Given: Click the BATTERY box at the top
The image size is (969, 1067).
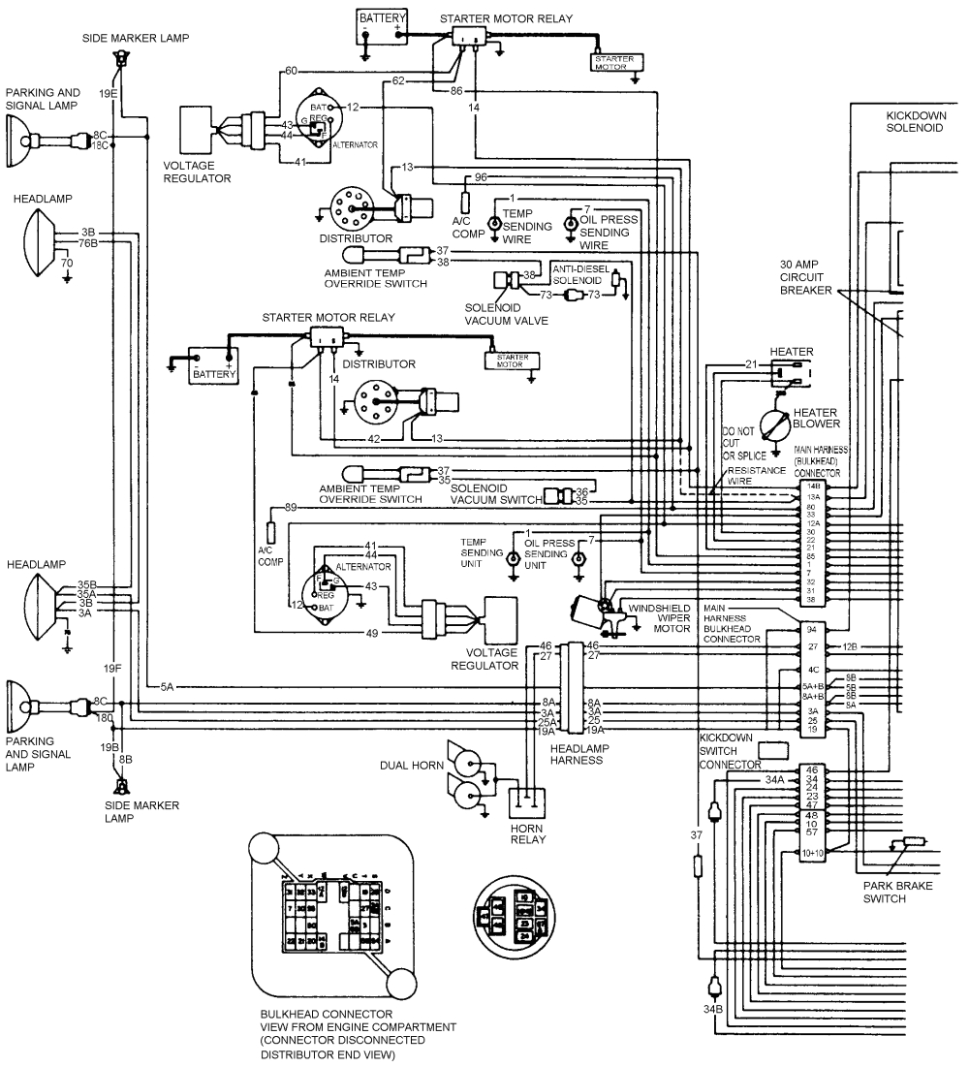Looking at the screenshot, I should point(382,25).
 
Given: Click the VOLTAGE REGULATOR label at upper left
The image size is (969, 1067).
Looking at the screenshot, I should point(197,173).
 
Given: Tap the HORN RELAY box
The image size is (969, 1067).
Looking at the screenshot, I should point(526,803).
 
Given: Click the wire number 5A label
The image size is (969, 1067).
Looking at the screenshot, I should point(167,687).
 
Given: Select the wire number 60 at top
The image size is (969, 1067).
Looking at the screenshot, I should point(290,72).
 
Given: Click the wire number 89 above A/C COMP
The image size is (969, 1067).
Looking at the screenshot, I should point(290,507).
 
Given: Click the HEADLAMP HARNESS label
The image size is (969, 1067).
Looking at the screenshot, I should point(576,754).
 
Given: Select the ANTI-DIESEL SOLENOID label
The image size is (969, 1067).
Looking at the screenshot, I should point(580,273).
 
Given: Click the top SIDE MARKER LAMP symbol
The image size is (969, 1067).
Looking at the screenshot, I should point(121,61).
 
